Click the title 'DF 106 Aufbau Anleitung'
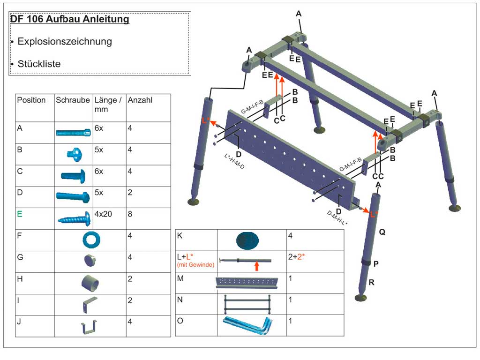(x=69, y=20)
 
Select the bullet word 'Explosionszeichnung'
(x=65, y=41)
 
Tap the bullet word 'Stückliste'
(x=39, y=64)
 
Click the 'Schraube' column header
(x=72, y=100)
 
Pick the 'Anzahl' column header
(x=140, y=100)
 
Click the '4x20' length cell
(x=104, y=214)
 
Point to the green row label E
(x=19, y=214)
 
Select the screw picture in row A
(x=74, y=133)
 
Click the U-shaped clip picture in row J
(x=88, y=327)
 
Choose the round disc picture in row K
(x=247, y=240)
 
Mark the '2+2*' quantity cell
(x=298, y=257)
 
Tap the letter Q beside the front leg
(x=382, y=232)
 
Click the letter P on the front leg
(x=376, y=264)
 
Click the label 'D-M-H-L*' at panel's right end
(x=337, y=218)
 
